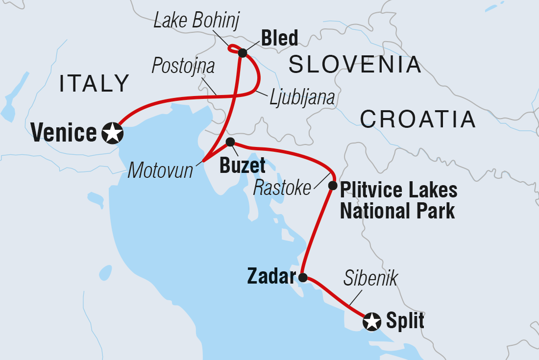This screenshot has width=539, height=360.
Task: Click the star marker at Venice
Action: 112,133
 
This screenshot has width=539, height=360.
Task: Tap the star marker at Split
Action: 372,322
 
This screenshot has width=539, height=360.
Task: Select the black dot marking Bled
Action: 242,53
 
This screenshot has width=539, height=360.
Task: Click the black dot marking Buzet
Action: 230,142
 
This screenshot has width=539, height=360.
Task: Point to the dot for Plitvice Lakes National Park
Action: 332,186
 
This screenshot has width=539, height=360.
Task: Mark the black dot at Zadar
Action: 303,278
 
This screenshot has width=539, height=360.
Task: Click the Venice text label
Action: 64,133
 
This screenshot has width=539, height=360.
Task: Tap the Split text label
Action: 405,321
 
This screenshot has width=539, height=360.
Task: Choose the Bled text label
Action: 279,38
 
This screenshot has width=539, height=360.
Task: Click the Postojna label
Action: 183,66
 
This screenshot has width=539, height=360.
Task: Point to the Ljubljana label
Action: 302,97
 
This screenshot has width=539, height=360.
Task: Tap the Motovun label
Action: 160,170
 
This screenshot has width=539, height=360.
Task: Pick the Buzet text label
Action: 242,166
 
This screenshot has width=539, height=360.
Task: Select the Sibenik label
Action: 371,278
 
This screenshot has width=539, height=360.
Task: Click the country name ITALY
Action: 94,84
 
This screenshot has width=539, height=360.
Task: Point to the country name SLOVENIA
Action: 355,65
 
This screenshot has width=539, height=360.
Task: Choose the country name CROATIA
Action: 418,119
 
